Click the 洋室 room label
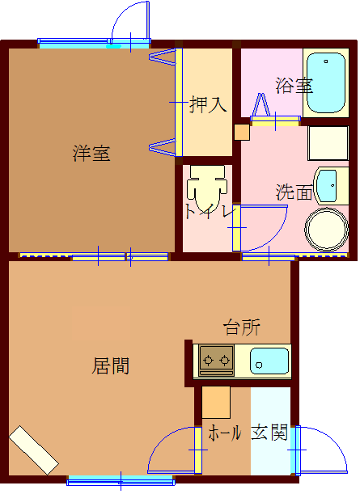coord(91,153)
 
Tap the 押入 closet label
coord(207,104)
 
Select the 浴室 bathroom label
coord(293,85)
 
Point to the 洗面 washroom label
coord(294,192)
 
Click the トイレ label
coord(209,212)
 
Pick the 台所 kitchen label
coord(242,327)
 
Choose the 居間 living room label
coord(110,365)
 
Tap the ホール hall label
coord(225,433)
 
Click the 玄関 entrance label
coord(269,433)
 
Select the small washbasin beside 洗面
coord(326,186)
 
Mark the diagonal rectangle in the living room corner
coord(34,450)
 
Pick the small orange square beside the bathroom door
coord(241,133)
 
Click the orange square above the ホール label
coord(216,402)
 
